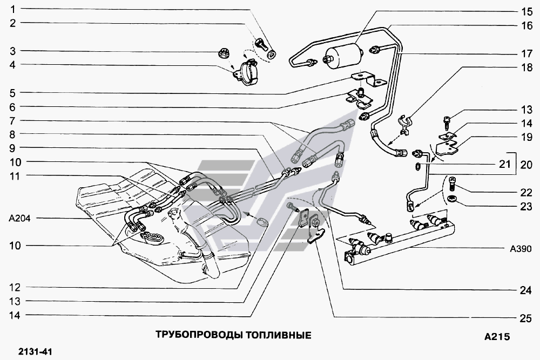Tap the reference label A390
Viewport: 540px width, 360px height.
point(521,249)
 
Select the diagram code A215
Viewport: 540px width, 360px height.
point(497,337)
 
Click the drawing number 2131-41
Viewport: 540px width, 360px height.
point(33,352)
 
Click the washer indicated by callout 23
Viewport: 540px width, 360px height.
point(453,200)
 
